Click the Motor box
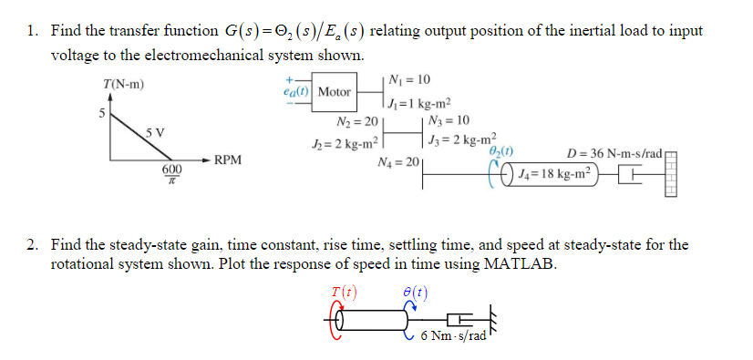[334, 92]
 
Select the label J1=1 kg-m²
[421, 103]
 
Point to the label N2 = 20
[356, 121]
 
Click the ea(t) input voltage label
[297, 91]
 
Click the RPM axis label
[228, 160]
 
